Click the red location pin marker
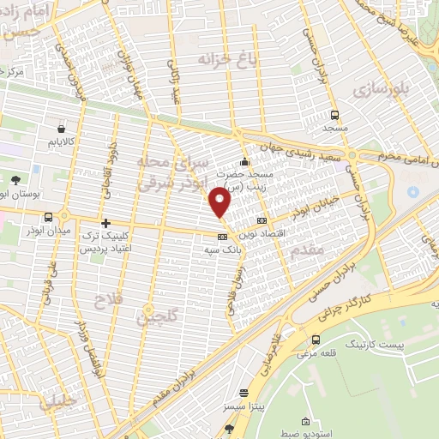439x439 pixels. [221, 202]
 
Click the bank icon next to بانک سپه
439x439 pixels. [222, 236]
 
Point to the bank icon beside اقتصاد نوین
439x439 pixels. [262, 221]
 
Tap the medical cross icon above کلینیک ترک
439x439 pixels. [105, 223]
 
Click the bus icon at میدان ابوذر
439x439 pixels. [48, 218]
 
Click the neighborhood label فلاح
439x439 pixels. [99, 299]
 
